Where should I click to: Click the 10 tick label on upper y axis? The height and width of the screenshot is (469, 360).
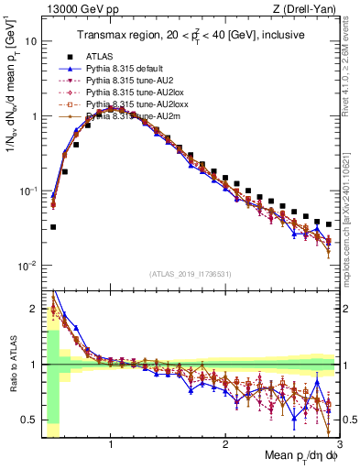click(30, 42)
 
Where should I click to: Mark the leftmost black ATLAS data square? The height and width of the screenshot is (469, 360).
click(53, 227)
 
